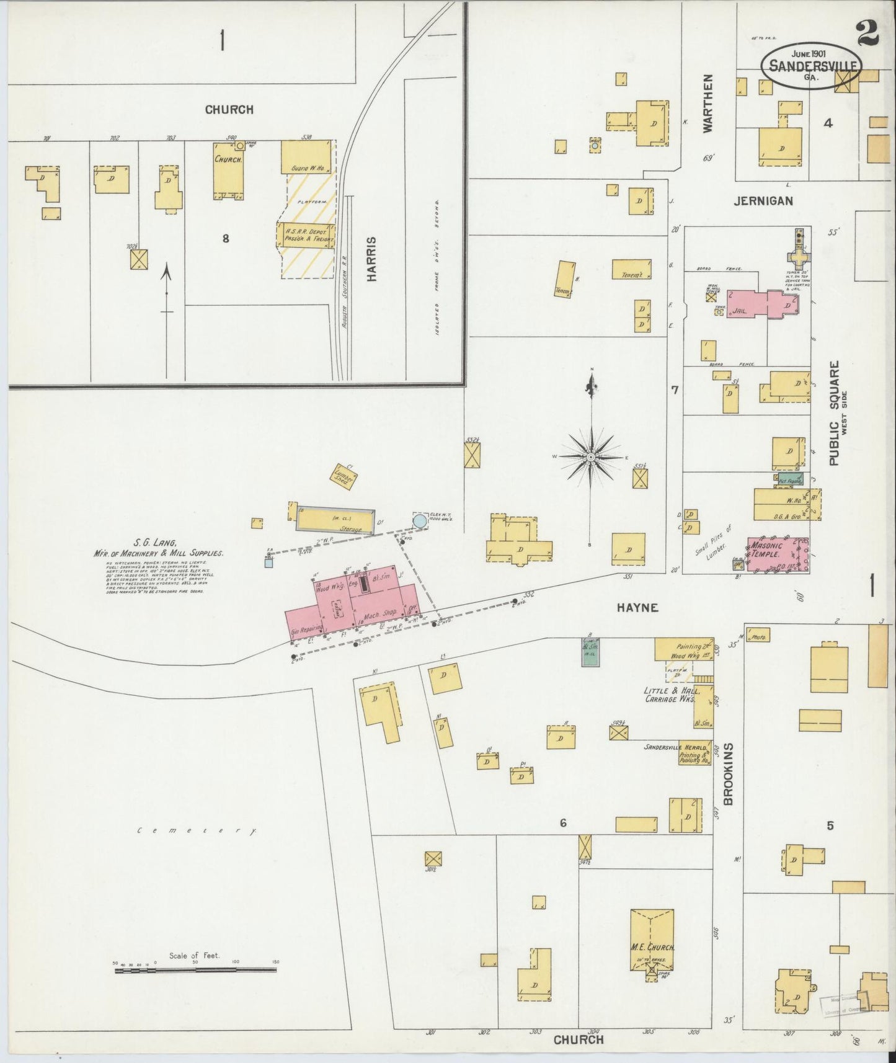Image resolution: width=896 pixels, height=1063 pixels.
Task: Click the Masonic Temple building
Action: click(778, 554)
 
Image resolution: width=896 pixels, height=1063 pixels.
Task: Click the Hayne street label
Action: click(637, 608)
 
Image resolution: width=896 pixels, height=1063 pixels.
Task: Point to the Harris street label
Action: click(371, 259)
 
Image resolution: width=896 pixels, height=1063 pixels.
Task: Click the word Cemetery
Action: click(197, 831)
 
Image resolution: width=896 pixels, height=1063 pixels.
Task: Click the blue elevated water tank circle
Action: click(420, 521)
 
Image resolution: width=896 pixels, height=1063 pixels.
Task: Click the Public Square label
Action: click(835, 412)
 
